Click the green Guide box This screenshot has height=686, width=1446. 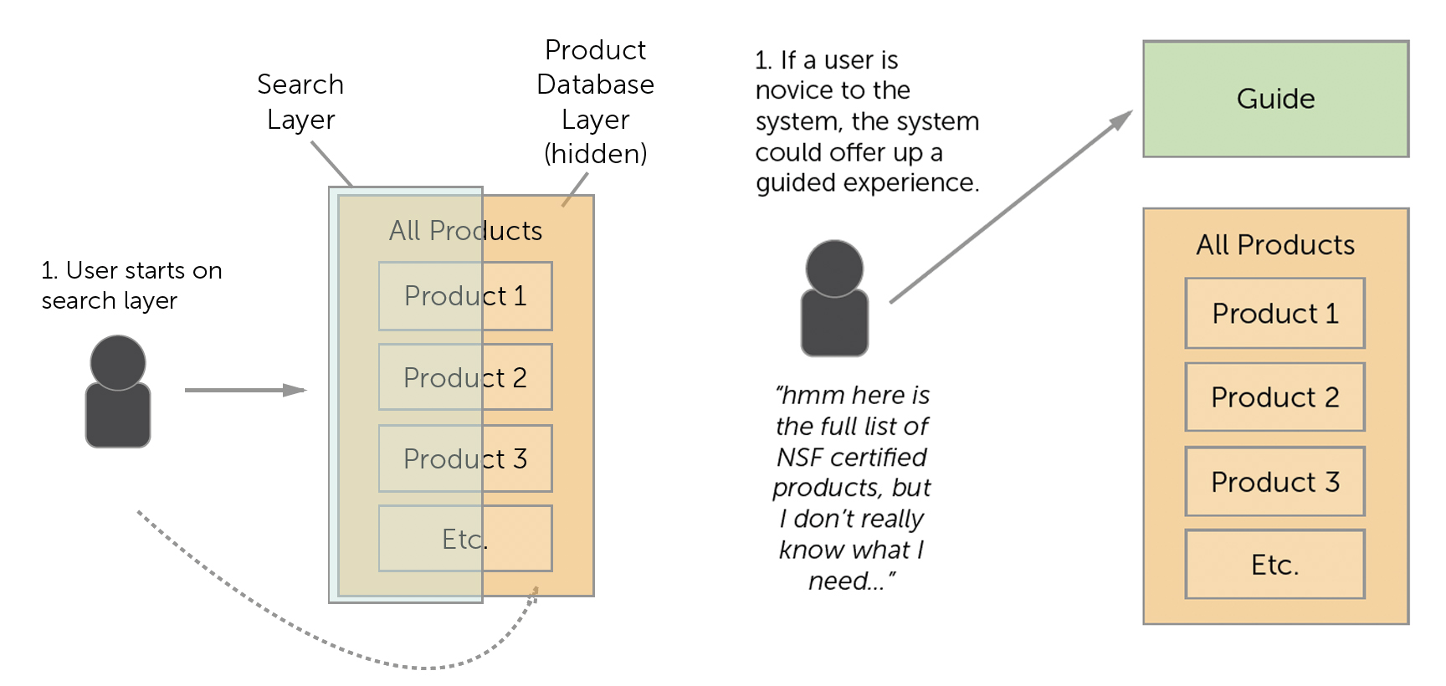pyautogui.click(x=1275, y=99)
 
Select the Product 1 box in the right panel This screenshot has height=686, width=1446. pyautogui.click(x=1274, y=314)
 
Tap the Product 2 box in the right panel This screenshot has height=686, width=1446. pyautogui.click(x=1274, y=397)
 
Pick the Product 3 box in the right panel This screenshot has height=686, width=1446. pyautogui.click(x=1274, y=482)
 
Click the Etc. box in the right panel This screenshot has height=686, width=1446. pyautogui.click(x=1274, y=565)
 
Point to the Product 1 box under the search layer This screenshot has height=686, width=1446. pyautogui.click(x=465, y=296)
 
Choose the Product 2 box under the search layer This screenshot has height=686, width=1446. pyautogui.click(x=465, y=377)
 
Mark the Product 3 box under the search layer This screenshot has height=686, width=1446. pyautogui.click(x=465, y=458)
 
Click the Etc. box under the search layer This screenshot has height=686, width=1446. pyautogui.click(x=465, y=539)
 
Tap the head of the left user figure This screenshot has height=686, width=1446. pyautogui.click(x=118, y=362)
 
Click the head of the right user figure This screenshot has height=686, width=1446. pyautogui.click(x=834, y=268)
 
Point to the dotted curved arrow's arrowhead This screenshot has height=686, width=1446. pyautogui.click(x=534, y=593)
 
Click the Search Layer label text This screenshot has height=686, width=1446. pyautogui.click(x=300, y=101)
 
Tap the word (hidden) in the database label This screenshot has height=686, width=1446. pyautogui.click(x=595, y=154)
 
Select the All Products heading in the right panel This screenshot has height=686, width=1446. pyautogui.click(x=1274, y=245)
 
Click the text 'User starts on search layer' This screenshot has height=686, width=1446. pyautogui.click(x=131, y=285)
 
